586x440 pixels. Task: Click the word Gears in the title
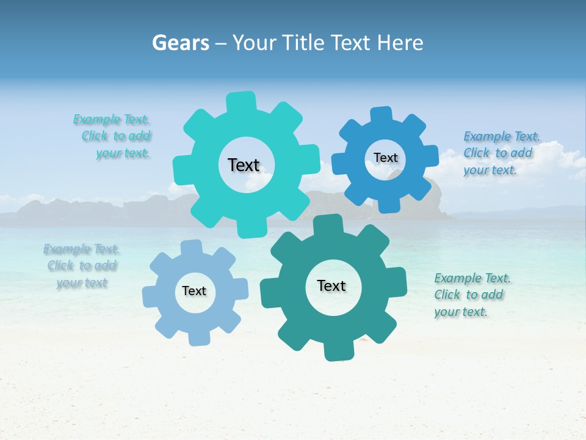(x=180, y=43)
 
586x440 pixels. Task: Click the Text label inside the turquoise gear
(x=244, y=165)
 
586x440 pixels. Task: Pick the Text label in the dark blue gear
(x=385, y=158)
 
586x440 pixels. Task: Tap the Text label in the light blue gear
(x=194, y=291)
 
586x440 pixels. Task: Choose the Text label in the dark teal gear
(x=331, y=285)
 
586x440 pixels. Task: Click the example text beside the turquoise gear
(x=112, y=136)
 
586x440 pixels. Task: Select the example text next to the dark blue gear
(x=501, y=153)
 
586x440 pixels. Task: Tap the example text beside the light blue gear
(x=82, y=266)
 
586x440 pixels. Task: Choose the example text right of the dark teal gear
(x=471, y=295)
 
